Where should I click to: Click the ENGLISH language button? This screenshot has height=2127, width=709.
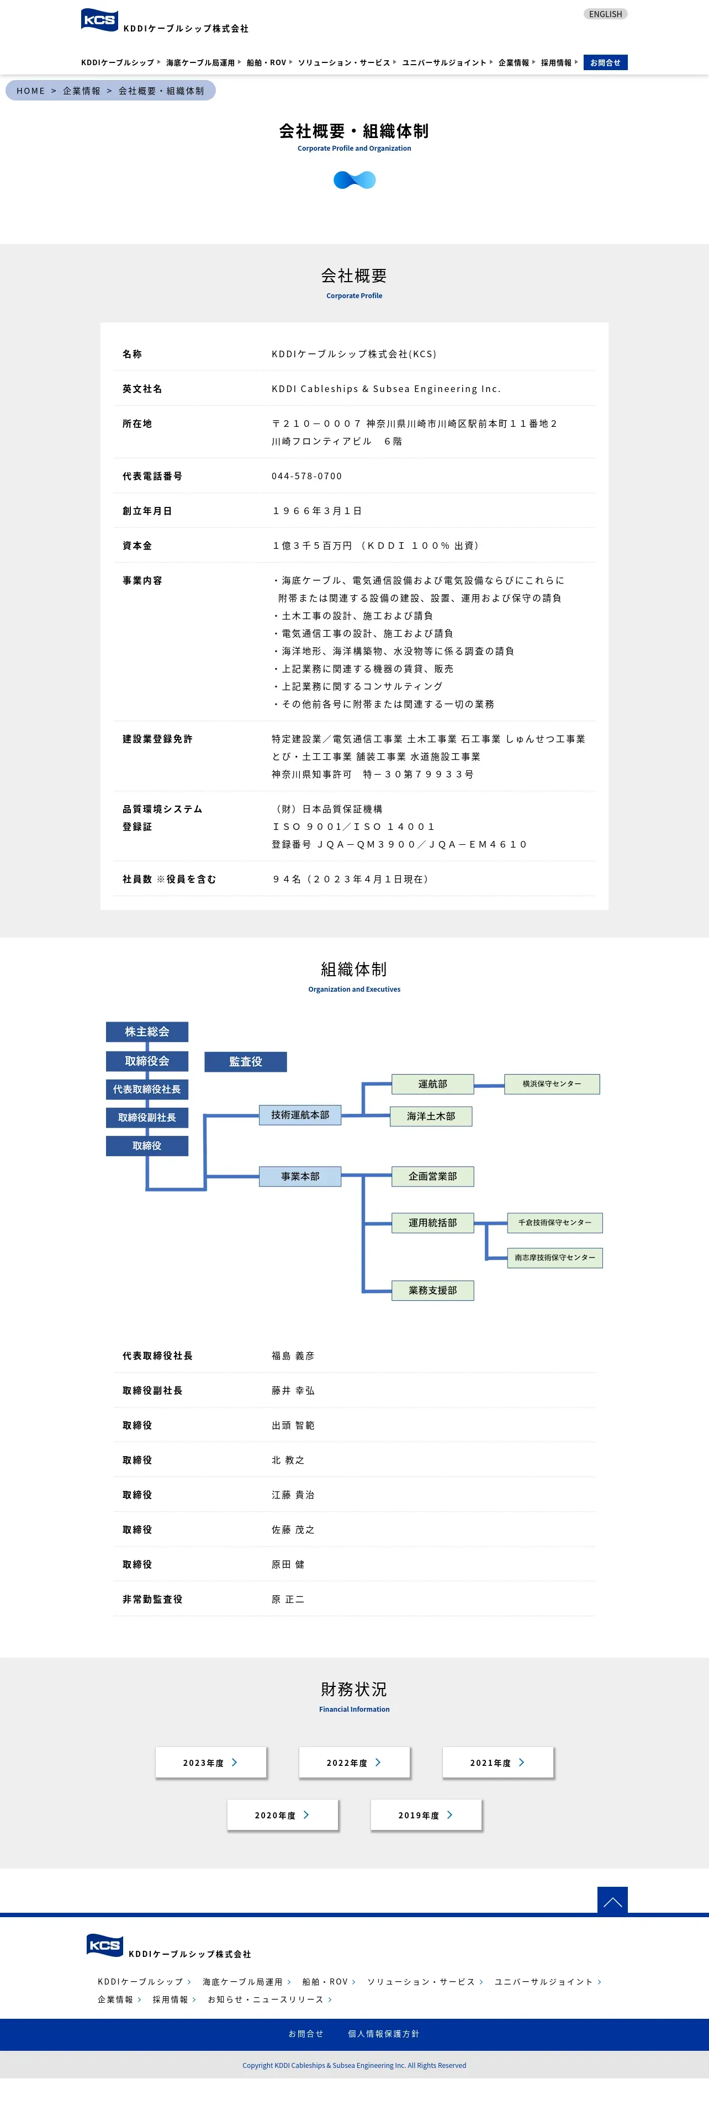[x=605, y=14]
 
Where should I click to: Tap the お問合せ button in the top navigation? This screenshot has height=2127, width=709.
[x=605, y=63]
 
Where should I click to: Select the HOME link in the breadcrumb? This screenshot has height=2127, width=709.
[x=30, y=91]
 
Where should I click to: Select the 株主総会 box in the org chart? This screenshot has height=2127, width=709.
[x=147, y=1031]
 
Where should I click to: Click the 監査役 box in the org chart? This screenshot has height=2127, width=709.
[x=245, y=1061]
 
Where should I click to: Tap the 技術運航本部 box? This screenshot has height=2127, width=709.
[x=300, y=1115]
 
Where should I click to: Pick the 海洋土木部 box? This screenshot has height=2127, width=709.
[x=431, y=1117]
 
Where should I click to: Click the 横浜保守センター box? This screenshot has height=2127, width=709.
[x=552, y=1084]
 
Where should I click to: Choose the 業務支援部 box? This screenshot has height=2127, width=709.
[x=432, y=1290]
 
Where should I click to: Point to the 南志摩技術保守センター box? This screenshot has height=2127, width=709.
[x=554, y=1257]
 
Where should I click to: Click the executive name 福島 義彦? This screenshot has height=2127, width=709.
[x=293, y=1356]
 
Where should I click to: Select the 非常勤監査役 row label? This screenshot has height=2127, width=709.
[x=153, y=1599]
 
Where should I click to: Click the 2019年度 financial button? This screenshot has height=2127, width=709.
[x=426, y=1815]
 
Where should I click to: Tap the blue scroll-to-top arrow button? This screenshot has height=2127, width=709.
[x=612, y=1901]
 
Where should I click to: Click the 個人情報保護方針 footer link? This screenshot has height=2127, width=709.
[x=383, y=2034]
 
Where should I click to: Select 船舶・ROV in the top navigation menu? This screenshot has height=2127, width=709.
[x=267, y=63]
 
